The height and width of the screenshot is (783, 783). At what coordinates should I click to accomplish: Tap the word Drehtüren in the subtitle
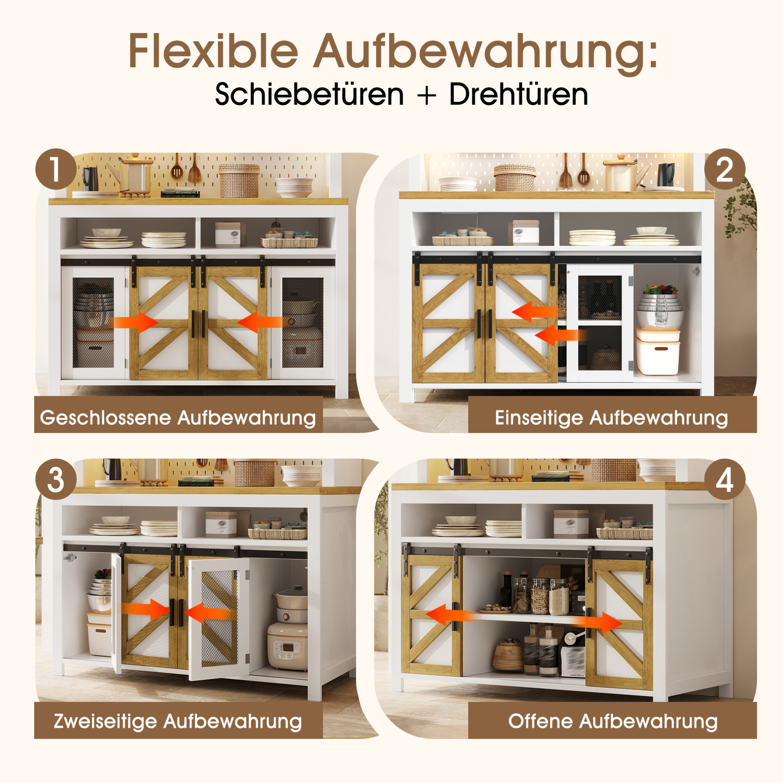click(518, 94)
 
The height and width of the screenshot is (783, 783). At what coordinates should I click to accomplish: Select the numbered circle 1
click(56, 169)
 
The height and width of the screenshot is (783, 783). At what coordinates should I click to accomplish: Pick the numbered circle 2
click(725, 169)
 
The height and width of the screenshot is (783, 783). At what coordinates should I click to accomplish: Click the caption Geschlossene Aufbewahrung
click(178, 418)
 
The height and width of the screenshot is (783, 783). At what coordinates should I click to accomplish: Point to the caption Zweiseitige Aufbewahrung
click(178, 721)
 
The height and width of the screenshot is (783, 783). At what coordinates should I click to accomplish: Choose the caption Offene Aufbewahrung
click(613, 721)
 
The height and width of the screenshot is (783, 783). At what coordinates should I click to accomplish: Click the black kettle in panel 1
click(90, 178)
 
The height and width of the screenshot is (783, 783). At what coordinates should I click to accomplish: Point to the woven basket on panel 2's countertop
click(514, 177)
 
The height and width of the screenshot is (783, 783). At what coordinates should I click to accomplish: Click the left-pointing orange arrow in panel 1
click(260, 322)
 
